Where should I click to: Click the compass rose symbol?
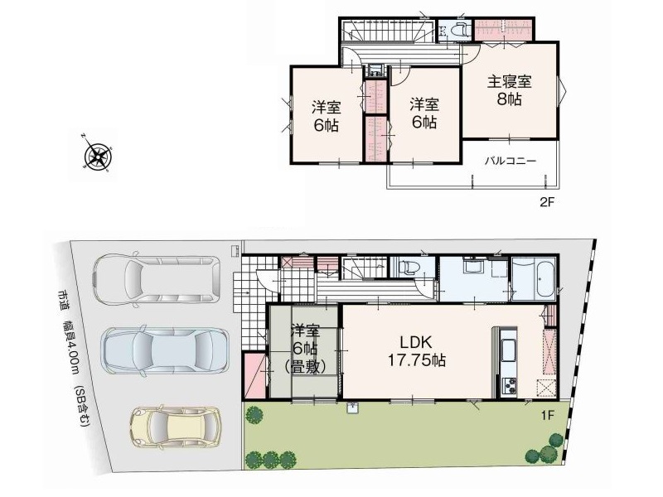click(x=98, y=155)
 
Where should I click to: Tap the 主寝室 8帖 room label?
click(x=509, y=90)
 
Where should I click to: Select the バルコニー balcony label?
click(x=511, y=161)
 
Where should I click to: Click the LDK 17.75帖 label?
click(x=416, y=350)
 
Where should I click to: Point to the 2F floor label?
click(x=546, y=202)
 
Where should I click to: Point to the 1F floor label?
click(x=547, y=415)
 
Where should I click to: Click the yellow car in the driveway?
click(x=176, y=427)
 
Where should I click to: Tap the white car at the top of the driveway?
click(x=157, y=279)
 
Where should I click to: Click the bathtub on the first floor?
click(x=534, y=279)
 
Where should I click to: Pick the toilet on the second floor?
click(x=458, y=31)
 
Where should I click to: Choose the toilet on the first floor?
click(x=408, y=267)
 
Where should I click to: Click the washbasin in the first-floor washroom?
click(x=471, y=267)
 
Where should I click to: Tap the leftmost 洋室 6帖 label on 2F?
click(x=326, y=116)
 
